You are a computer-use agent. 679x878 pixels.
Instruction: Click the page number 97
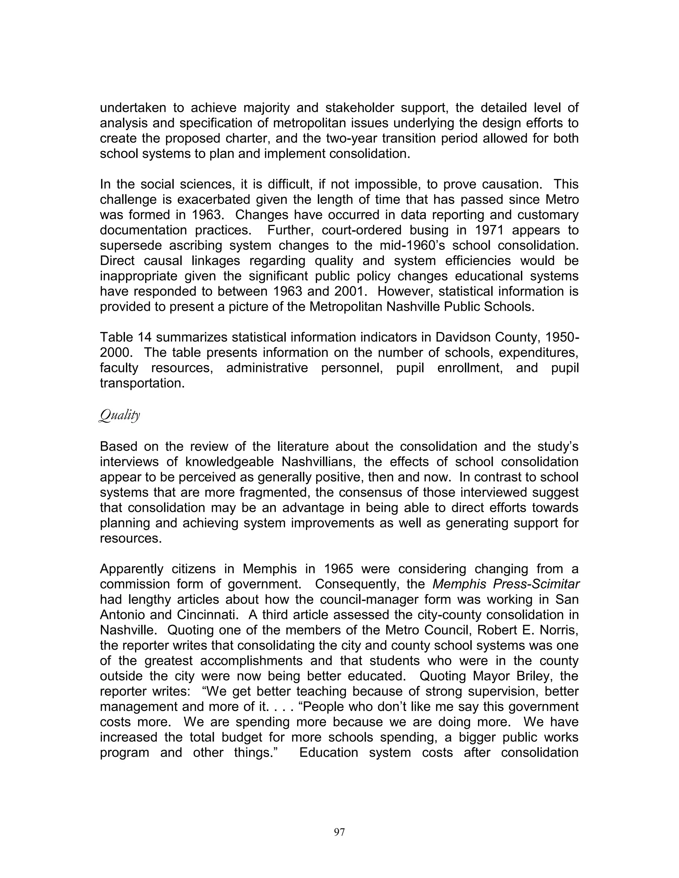tap(339, 832)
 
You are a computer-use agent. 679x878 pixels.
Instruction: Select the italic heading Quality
tap(119, 415)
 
